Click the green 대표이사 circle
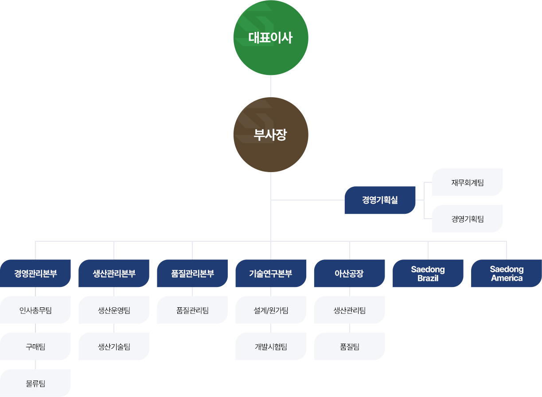270,38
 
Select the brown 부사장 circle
270,134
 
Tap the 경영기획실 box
380,200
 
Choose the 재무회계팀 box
467,182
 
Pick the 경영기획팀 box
467,218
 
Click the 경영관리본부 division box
35,273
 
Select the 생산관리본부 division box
114,273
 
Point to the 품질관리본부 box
192,273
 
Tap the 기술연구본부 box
271,273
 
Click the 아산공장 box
349,273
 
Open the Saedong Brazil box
428,273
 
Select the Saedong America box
507,273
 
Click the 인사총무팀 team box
35,310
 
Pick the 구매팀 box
35,346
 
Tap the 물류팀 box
35,383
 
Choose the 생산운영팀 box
114,310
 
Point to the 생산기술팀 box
114,346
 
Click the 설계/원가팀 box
271,310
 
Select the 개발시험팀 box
271,346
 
